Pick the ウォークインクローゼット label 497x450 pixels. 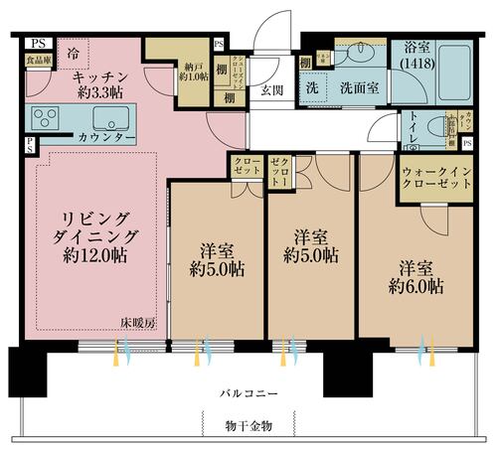click(436, 178)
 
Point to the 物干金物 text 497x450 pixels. click(248, 424)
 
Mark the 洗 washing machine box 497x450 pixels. click(313, 87)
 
